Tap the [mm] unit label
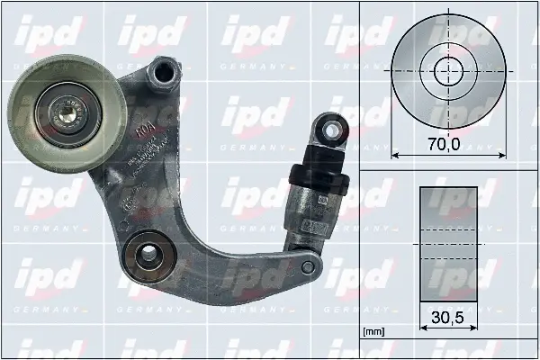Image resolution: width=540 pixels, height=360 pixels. point(373,332)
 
